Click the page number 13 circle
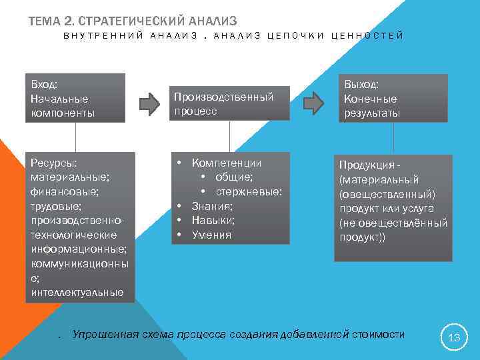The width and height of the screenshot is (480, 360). coord(455,337)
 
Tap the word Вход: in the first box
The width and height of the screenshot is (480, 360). coord(44,84)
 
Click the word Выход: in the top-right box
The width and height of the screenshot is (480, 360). coord(361,85)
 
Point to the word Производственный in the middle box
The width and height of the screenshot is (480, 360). coord(224,97)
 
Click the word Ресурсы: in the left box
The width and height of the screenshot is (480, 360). coord(54,163)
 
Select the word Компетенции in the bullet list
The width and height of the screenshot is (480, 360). coord(227,163)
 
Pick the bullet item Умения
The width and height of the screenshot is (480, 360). coord(211,235)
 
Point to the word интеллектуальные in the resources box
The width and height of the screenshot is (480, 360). coord(77,292)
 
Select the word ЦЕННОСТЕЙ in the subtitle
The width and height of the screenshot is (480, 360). coord(373,35)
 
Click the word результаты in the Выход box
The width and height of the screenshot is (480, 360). coord(372,113)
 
